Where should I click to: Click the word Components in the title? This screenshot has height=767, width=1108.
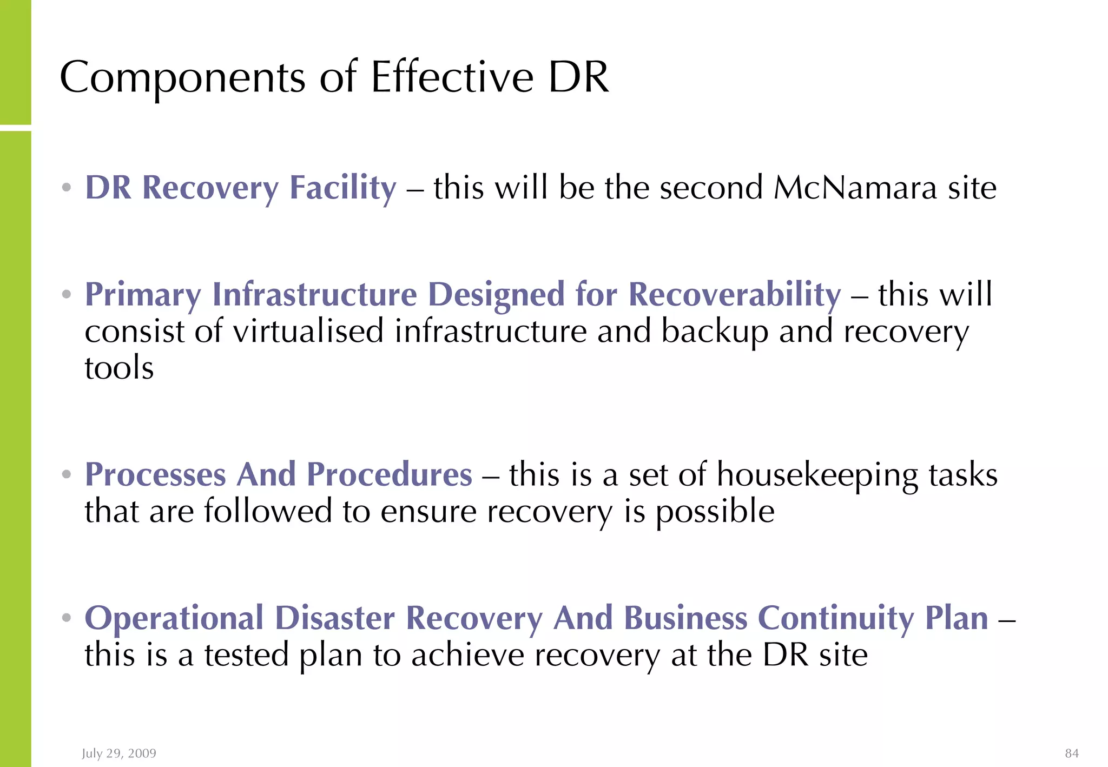pyautogui.click(x=183, y=77)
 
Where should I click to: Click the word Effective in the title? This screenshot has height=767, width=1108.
pyautogui.click(x=452, y=77)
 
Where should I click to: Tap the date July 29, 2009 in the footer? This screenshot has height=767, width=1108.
pyautogui.click(x=119, y=753)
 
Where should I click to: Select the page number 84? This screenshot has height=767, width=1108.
pyautogui.click(x=1072, y=753)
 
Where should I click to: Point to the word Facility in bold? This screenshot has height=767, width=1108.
pyautogui.click(x=343, y=189)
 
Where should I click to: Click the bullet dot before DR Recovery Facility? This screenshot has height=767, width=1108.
pyautogui.click(x=67, y=188)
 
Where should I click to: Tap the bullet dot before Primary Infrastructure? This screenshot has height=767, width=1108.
pyautogui.click(x=67, y=295)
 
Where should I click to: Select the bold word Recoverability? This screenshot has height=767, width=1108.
pyautogui.click(x=735, y=295)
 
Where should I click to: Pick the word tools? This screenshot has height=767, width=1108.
pyautogui.click(x=119, y=368)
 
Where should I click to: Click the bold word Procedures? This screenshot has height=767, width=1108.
pyautogui.click(x=390, y=475)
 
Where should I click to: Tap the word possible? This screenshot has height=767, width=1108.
pyautogui.click(x=715, y=512)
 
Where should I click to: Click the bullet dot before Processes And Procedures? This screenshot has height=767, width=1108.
pyautogui.click(x=67, y=475)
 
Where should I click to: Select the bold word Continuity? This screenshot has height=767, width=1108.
pyautogui.click(x=836, y=618)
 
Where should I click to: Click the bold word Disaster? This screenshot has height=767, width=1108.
pyautogui.click(x=335, y=618)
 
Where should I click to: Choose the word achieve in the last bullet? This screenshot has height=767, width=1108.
pyautogui.click(x=468, y=655)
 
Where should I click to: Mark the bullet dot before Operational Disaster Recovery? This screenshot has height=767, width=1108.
pyautogui.click(x=67, y=618)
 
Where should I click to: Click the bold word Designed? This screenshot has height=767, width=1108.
pyautogui.click(x=497, y=295)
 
